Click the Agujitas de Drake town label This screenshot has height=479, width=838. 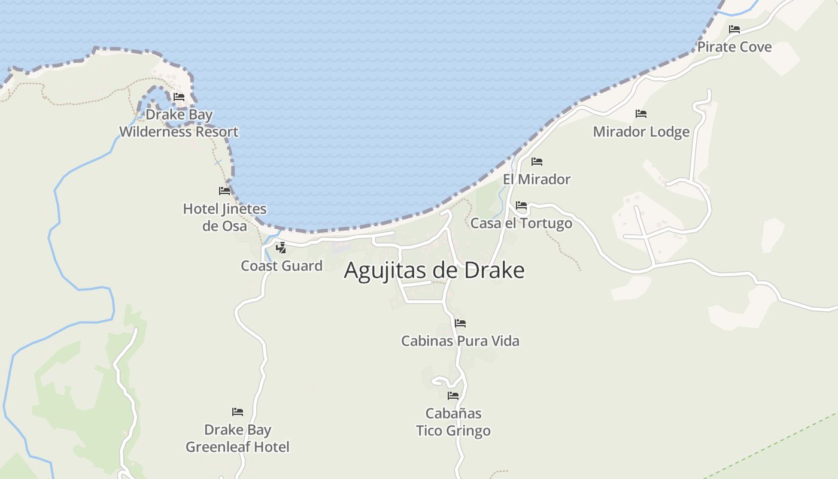click(434, 271)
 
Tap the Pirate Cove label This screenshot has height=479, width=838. click(734, 47)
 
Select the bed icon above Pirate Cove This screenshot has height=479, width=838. click(734, 29)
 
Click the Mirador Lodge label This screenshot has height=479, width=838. click(641, 132)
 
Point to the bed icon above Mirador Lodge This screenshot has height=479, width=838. click(641, 113)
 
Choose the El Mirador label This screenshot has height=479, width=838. click(536, 179)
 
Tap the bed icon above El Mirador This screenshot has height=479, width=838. click(537, 162)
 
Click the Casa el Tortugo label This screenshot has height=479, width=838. click(521, 223)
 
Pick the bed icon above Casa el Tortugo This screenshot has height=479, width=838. click(521, 205)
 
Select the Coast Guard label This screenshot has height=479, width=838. click(281, 266)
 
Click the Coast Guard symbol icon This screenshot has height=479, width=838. click(281, 248)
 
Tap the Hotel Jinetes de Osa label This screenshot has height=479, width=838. click(224, 217)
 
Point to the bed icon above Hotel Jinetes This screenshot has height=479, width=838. click(224, 191)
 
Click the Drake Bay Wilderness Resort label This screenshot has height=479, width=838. click(179, 123)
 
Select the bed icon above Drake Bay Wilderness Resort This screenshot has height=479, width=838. click(179, 96)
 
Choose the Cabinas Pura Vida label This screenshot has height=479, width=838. click(460, 341)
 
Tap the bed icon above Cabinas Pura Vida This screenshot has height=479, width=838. click(460, 323)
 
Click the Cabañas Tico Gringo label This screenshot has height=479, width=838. click(453, 422)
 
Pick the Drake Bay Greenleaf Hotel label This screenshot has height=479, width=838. click(238, 438)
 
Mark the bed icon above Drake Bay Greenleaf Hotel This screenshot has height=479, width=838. click(238, 412)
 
